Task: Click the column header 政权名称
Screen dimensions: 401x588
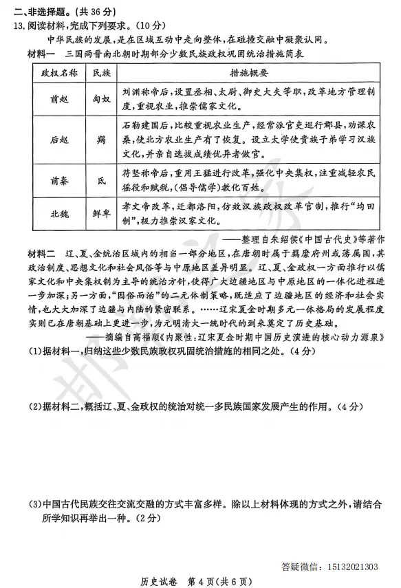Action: click(x=58, y=72)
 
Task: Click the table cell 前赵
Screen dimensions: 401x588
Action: click(x=58, y=98)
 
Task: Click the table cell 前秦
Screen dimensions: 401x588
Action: click(x=58, y=181)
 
